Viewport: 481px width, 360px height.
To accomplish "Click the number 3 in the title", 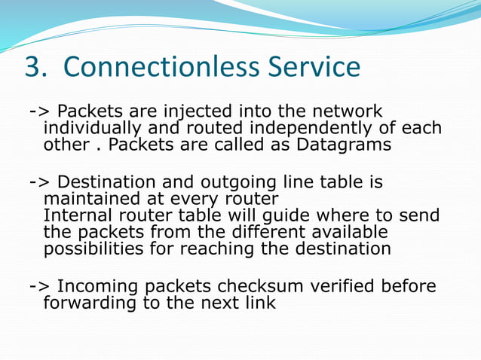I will tap(33, 68).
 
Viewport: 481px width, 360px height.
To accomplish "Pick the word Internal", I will tap(78, 215).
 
